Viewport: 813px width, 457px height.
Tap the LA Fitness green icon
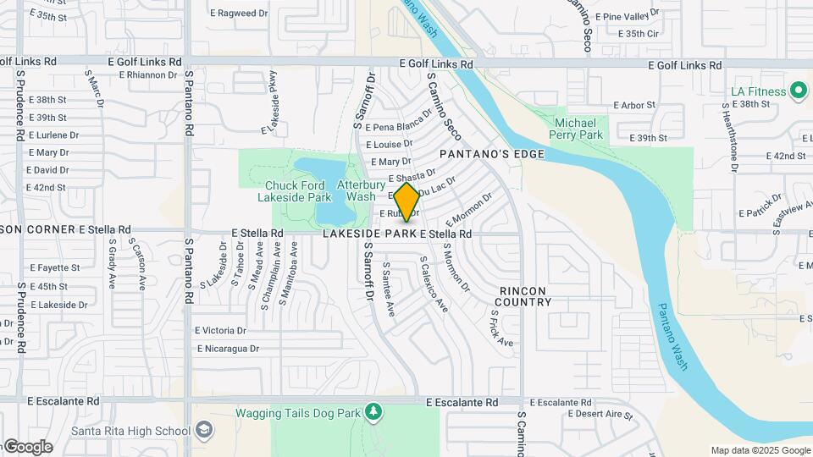798,91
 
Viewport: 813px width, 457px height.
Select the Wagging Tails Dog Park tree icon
373,412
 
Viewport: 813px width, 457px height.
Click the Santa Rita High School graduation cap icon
203,430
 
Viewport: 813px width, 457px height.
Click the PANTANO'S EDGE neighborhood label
479,154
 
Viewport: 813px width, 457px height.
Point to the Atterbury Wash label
356,190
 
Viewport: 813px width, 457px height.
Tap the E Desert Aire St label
600,414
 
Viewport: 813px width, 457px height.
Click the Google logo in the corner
27,447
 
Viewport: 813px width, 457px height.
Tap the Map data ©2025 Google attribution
760,450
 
